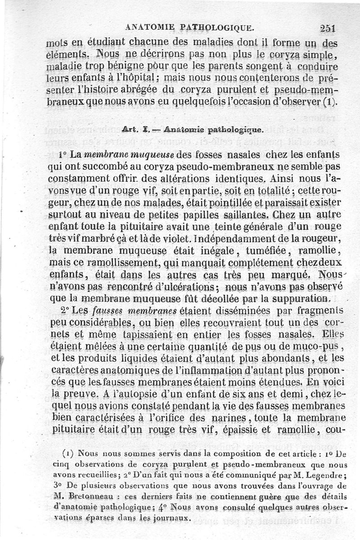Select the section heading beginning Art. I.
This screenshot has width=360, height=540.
[x=185, y=130]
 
